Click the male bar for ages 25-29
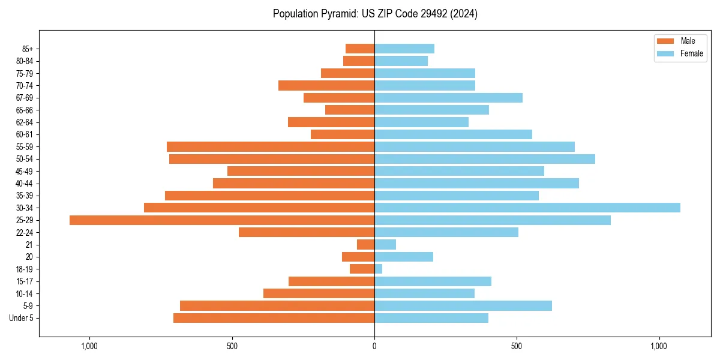(222, 220)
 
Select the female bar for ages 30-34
(527, 208)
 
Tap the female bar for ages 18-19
(378, 269)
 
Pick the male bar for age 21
(365, 244)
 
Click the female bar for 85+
(404, 49)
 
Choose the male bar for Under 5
(274, 318)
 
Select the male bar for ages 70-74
(326, 85)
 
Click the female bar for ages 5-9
(463, 305)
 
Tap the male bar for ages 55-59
(271, 146)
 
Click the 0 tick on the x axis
(374, 346)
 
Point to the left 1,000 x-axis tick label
(89, 346)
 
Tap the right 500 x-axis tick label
(517, 346)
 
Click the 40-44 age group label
(25, 184)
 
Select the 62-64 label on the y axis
(25, 122)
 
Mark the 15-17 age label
(25, 281)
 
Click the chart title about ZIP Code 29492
(375, 14)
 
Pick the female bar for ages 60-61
(453, 134)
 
